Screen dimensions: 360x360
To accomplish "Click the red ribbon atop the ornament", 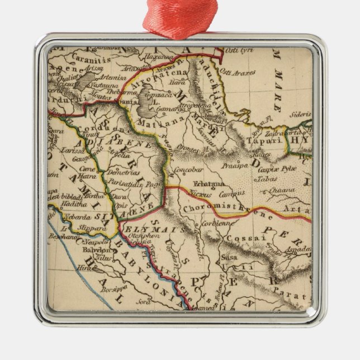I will click(179, 20).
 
